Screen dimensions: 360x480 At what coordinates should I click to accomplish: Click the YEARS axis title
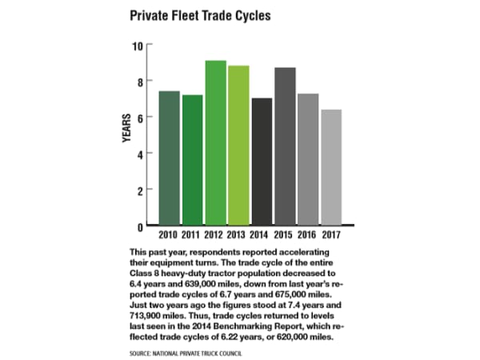[126, 129]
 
